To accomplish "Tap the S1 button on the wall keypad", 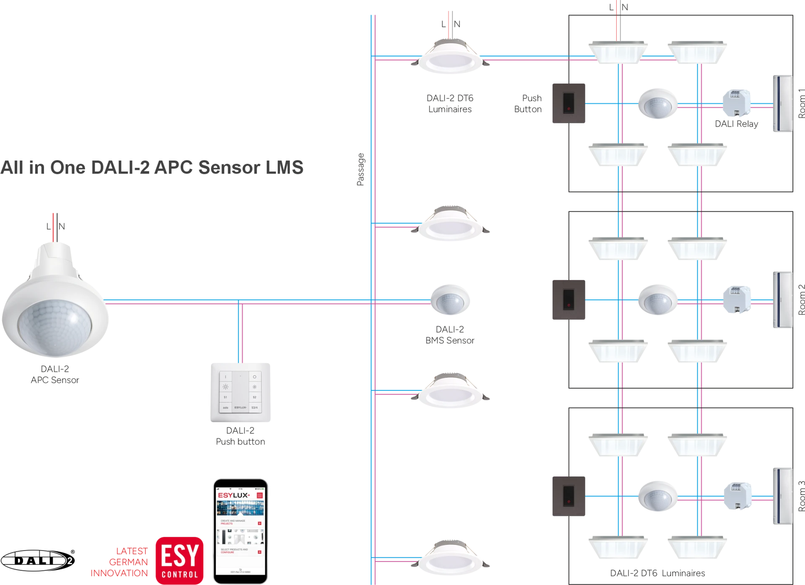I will [x=226, y=397].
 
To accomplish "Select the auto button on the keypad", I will [x=226, y=408].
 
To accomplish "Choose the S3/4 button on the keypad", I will [x=254, y=408].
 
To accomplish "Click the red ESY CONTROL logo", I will [x=179, y=560].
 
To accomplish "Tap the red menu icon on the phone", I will [x=260, y=495].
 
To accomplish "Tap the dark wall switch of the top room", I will [x=568, y=103].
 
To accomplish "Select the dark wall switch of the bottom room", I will [x=568, y=496].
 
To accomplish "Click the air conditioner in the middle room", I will [x=782, y=299].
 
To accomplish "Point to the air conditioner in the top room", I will [x=782, y=104].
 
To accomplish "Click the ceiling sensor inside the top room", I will [x=657, y=104].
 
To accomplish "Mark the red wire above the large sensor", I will [x=54, y=226].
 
